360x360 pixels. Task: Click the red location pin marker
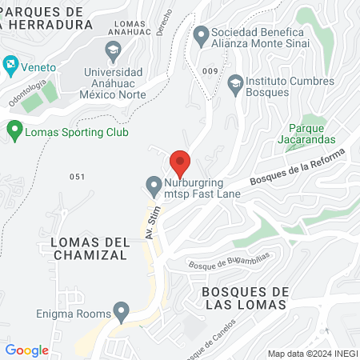(180, 162)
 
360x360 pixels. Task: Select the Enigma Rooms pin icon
(122, 310)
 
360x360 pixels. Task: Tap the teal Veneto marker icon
(10, 62)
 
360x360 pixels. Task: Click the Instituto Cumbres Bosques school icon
(234, 82)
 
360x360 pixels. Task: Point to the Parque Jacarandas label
(311, 133)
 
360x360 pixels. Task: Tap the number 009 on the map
(210, 71)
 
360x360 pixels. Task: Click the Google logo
(26, 350)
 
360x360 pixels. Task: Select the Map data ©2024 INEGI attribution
(312, 354)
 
